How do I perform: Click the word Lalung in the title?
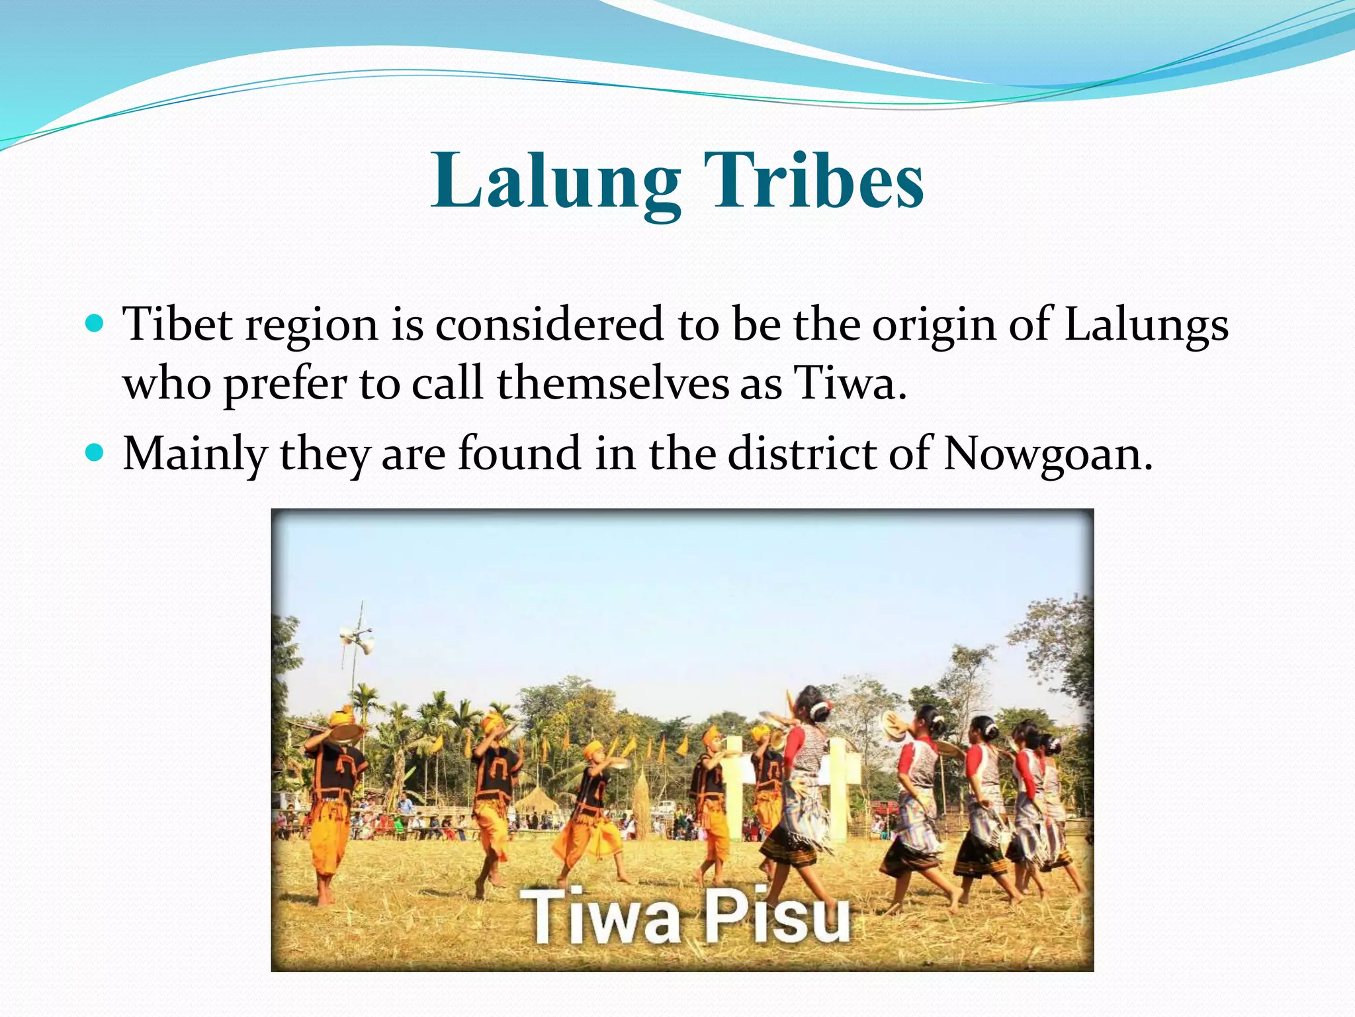[555, 181]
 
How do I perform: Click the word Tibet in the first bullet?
[178, 324]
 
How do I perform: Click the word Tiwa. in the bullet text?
[850, 383]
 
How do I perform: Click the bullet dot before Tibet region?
[95, 324]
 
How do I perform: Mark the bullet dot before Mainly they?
[95, 453]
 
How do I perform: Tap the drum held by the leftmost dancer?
[346, 732]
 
